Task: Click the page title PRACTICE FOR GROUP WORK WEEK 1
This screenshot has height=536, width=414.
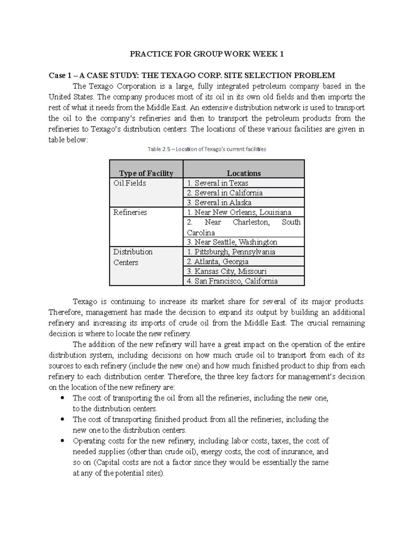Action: click(206, 54)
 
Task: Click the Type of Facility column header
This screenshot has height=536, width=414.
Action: click(146, 173)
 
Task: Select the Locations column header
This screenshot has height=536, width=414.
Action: click(244, 173)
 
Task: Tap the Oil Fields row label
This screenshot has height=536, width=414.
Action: click(130, 183)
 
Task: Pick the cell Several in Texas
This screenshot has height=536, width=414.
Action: click(217, 183)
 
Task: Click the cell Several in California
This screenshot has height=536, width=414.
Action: click(225, 193)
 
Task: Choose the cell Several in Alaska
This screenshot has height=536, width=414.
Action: click(219, 203)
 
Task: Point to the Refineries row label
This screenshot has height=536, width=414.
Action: click(130, 212)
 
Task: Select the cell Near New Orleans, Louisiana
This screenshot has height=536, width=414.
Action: click(239, 212)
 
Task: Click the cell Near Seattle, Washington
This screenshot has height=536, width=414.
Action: click(232, 242)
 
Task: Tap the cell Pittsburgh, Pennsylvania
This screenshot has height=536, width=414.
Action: click(231, 252)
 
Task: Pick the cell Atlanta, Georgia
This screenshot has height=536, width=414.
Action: click(217, 262)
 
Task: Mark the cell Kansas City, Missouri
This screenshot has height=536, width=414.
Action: click(227, 271)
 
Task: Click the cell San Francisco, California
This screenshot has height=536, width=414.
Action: click(232, 281)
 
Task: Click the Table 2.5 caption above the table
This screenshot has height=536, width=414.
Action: click(207, 149)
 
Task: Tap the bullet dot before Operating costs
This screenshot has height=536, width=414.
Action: click(62, 441)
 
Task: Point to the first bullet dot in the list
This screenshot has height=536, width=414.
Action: click(62, 398)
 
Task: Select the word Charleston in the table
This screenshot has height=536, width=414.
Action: click(251, 222)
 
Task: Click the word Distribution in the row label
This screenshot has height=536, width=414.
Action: click(133, 252)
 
